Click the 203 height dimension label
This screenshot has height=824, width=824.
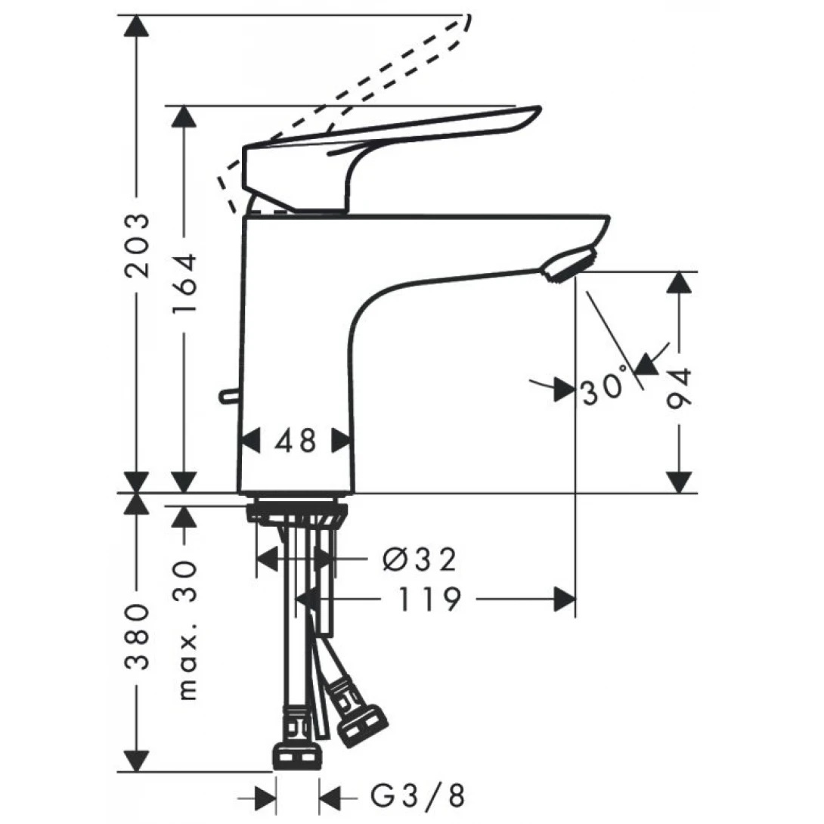tap(137, 246)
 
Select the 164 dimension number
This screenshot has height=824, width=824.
tap(183, 285)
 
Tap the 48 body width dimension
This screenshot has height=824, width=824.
tap(296, 440)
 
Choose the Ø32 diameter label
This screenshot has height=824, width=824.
tap(420, 560)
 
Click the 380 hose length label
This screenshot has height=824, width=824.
tap(137, 637)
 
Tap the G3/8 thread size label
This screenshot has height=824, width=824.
tap(417, 795)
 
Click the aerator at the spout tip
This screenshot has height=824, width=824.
tap(568, 265)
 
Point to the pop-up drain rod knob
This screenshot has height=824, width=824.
tap(227, 395)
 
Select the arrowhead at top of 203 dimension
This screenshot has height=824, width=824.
tap(137, 26)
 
